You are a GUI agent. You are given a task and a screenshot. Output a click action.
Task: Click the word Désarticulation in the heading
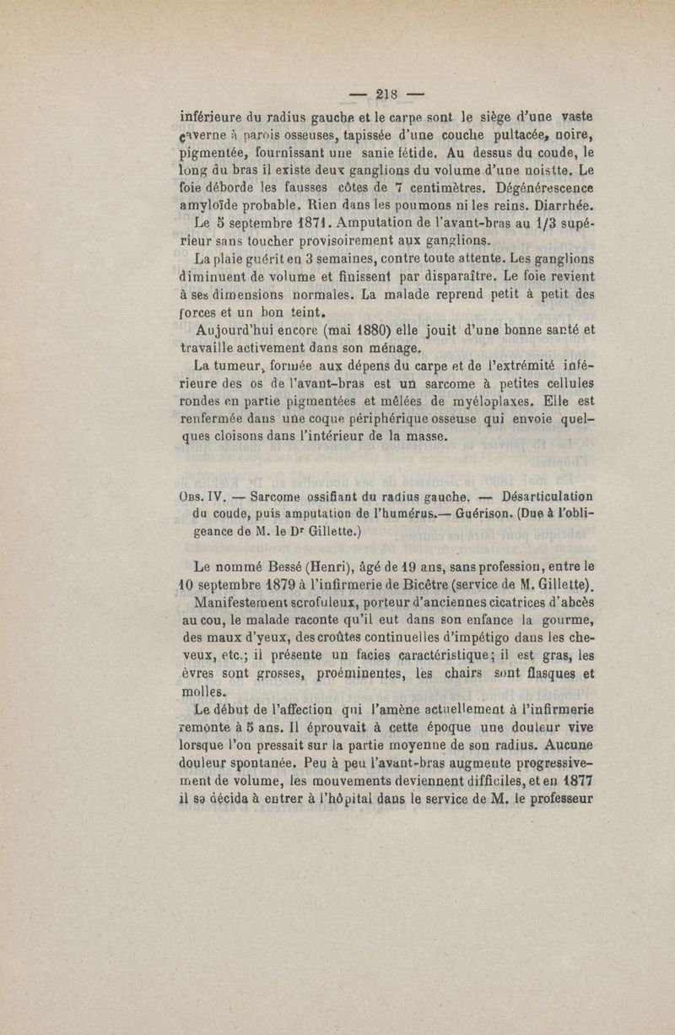pos(547,496)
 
